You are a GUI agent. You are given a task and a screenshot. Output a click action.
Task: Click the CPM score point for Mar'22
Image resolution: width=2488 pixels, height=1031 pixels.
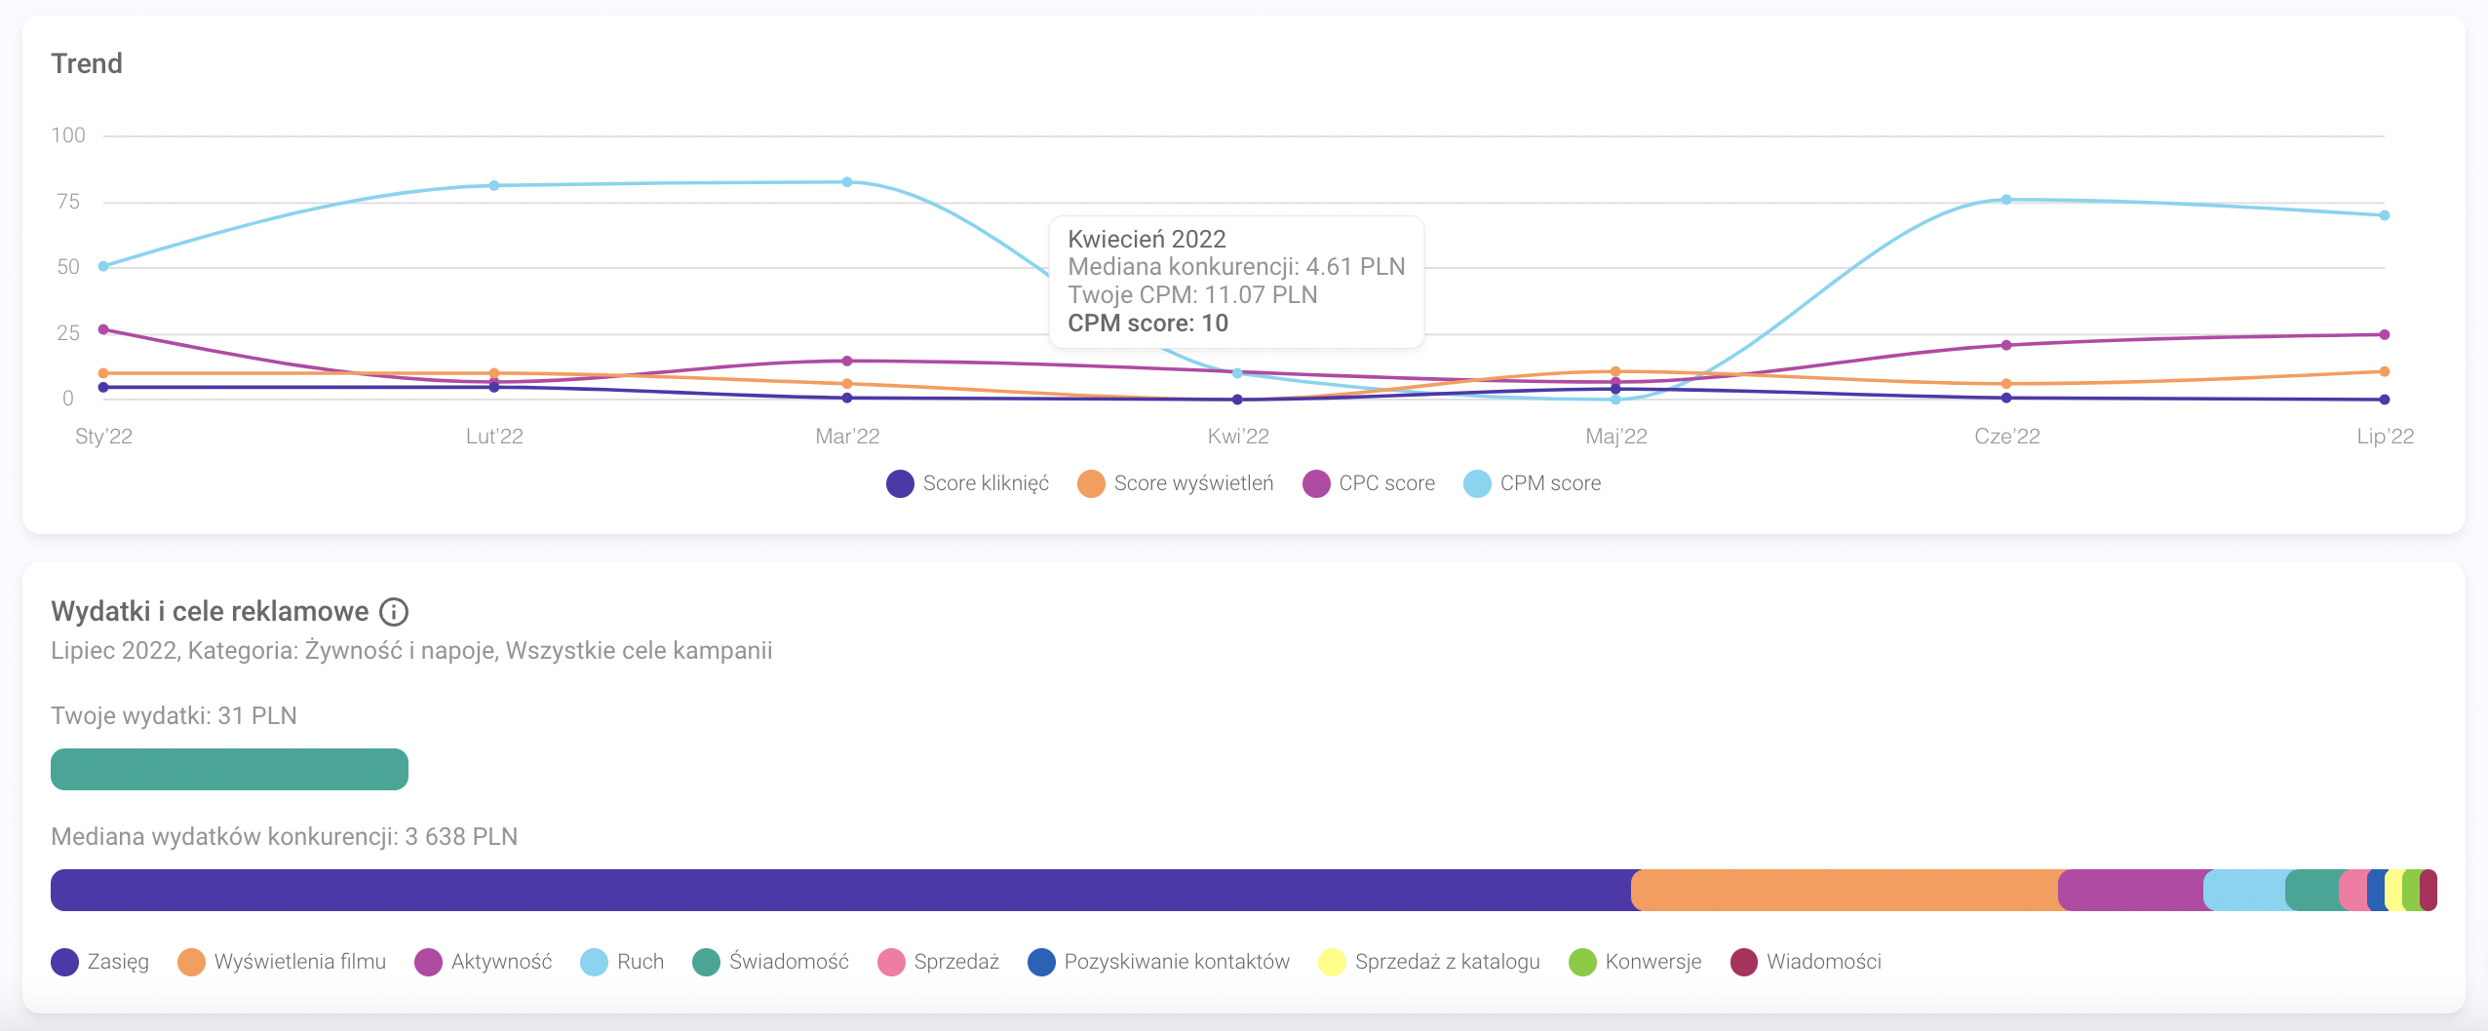click(847, 182)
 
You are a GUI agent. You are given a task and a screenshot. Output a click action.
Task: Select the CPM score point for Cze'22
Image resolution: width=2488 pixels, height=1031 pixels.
click(2006, 200)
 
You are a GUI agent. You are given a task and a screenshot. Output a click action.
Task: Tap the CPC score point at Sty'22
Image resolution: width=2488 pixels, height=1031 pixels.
click(103, 329)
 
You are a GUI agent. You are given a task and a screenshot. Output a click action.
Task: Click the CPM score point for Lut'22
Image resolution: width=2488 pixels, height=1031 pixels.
click(494, 185)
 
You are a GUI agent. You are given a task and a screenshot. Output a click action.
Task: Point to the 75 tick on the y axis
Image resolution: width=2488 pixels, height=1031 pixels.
click(68, 202)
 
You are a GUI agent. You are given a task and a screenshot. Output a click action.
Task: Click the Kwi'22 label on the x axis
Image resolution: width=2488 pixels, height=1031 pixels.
click(1238, 437)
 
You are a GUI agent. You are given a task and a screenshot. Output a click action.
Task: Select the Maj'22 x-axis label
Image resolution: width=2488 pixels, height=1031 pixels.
click(1616, 437)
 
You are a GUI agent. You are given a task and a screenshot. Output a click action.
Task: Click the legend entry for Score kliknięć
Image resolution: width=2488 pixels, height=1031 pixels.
click(968, 483)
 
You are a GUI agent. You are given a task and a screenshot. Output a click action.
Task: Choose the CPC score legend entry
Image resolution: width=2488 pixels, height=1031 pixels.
click(1370, 483)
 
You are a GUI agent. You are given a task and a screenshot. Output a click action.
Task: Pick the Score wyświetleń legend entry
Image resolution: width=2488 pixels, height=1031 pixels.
click(1176, 483)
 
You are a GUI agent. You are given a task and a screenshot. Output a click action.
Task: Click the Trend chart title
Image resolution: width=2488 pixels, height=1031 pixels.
click(87, 64)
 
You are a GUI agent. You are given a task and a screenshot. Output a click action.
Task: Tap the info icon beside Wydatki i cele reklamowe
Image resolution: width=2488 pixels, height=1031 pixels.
click(394, 612)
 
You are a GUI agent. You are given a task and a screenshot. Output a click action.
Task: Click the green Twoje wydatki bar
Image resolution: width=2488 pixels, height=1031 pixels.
click(229, 769)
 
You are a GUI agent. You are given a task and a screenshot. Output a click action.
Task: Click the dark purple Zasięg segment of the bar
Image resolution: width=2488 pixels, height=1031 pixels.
click(838, 890)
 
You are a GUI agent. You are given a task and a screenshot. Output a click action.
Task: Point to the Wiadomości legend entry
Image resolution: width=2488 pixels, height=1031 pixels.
click(1807, 962)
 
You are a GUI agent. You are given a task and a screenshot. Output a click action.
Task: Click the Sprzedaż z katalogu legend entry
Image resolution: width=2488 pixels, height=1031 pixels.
click(1429, 962)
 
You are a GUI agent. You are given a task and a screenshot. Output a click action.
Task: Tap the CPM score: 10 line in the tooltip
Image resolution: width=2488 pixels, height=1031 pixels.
click(1147, 324)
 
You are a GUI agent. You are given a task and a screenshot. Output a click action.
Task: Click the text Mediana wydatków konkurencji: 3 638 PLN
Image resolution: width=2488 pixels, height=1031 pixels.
click(284, 837)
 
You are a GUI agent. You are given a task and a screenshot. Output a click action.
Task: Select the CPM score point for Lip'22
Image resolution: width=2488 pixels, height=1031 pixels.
click(2385, 215)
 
